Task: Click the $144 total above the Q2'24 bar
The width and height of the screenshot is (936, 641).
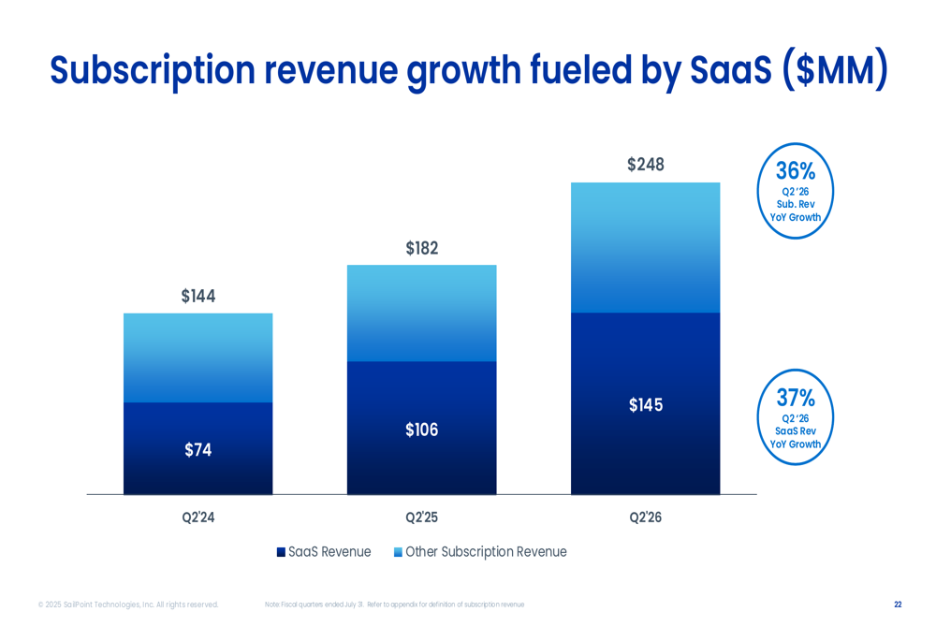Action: (198, 297)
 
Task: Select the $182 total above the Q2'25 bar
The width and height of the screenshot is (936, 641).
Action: (422, 249)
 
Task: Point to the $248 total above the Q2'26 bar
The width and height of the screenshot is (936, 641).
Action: (646, 165)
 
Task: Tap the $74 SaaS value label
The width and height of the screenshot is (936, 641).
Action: (198, 450)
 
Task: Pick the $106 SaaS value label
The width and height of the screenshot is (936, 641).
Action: (422, 430)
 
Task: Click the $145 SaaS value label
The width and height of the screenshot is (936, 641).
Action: (646, 405)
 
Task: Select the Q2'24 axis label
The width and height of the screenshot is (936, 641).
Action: (198, 517)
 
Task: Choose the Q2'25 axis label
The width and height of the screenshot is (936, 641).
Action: (422, 517)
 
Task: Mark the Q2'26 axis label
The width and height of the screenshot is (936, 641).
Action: (646, 517)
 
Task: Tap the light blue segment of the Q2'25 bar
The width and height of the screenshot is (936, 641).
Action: (422, 313)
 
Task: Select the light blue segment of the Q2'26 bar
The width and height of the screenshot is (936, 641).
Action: (646, 247)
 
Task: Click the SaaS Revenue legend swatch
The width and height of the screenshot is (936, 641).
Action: (281, 552)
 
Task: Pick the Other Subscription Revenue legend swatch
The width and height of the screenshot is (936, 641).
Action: (398, 552)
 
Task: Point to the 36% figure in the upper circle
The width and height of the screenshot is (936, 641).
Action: (796, 171)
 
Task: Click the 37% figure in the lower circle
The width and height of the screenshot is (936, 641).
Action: (796, 399)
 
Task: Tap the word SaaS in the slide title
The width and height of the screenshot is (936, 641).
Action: (729, 71)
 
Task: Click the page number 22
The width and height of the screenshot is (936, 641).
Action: (898, 605)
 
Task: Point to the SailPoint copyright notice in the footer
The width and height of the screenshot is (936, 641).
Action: (128, 605)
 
